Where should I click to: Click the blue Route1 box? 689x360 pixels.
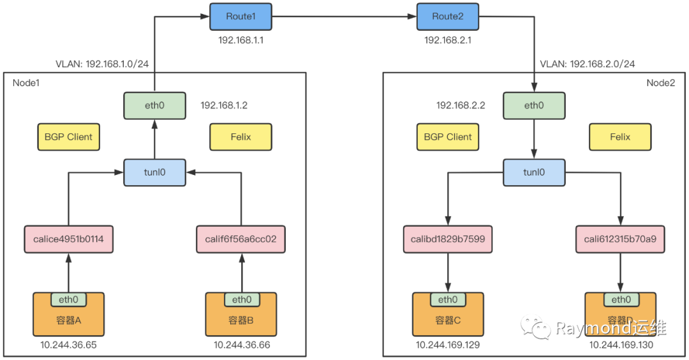241,17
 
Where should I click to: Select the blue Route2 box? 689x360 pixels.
447,17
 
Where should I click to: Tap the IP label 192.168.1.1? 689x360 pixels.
241,40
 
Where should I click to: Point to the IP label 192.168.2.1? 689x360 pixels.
447,40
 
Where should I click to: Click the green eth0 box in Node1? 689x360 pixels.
154,105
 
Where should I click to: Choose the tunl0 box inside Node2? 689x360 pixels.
533,172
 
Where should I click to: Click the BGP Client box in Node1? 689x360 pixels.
68,137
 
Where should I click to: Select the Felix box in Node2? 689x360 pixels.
619,137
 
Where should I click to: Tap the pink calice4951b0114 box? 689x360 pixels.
68,239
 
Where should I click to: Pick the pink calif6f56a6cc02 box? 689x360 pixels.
241,239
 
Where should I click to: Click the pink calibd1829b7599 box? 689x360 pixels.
447,239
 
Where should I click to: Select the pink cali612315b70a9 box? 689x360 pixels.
619,239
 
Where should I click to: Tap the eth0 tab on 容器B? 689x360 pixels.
241,299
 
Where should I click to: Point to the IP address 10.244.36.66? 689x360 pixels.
241,345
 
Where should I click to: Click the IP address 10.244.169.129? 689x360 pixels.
447,345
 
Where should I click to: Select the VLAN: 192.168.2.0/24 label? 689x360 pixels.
587,64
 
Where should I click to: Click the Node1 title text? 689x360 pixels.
26,82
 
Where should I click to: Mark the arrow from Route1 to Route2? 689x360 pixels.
344,17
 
